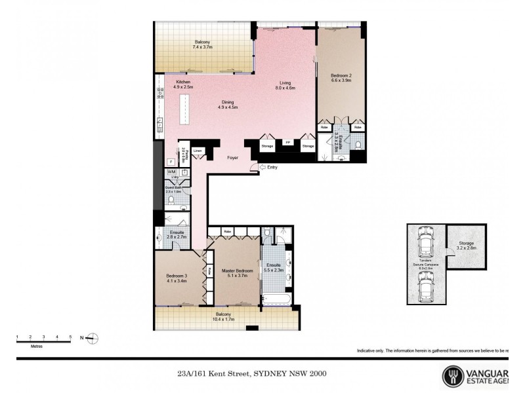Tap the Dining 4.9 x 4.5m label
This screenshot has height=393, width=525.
228,105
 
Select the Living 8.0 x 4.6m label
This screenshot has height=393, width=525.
285,85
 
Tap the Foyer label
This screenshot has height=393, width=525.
232,159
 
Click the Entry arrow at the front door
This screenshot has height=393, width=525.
263,168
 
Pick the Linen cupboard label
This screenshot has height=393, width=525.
198,151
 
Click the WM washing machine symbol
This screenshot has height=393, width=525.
171,172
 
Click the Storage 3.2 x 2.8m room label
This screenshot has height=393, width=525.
466,246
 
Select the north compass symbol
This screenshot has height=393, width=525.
93,338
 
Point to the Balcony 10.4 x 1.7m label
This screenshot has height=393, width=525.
224,317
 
